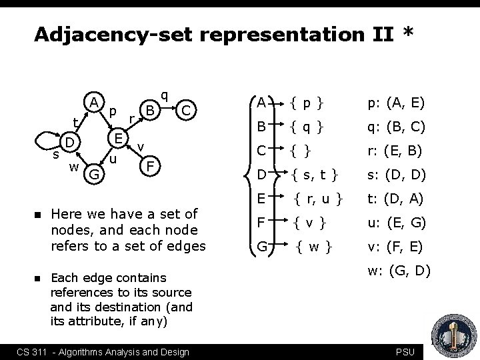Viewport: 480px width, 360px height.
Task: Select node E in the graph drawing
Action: [x=118, y=139]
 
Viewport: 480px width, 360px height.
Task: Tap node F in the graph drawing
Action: [x=151, y=164]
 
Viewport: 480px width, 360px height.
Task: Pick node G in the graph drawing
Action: [x=95, y=175]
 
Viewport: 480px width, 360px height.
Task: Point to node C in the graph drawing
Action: [x=188, y=110]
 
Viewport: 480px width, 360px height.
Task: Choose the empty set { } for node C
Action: [x=303, y=151]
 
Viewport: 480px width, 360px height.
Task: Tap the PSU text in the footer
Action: [x=404, y=351]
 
